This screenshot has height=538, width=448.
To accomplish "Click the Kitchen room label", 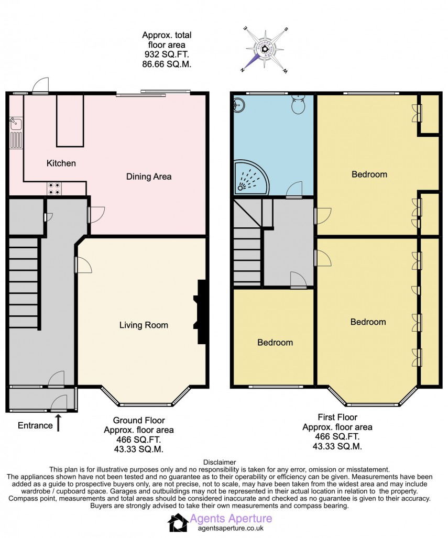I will (x=61, y=163).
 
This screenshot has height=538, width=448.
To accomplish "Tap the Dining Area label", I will (x=149, y=177).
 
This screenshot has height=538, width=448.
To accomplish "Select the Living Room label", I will (x=143, y=325).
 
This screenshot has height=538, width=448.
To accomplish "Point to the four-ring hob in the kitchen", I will (x=53, y=188).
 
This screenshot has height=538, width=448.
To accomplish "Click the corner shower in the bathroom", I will (x=251, y=176).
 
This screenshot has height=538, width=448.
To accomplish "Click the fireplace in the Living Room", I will (x=201, y=312).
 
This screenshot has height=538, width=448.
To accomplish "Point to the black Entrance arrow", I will (x=59, y=423).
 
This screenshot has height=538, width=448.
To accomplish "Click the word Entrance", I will (x=35, y=425).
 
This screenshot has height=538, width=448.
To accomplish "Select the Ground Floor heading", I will (x=139, y=420).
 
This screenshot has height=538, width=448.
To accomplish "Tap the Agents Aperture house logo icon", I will (x=177, y=522).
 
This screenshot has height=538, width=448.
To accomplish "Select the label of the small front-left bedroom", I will (x=275, y=343).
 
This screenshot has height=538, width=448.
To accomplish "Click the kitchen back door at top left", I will (x=40, y=86).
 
